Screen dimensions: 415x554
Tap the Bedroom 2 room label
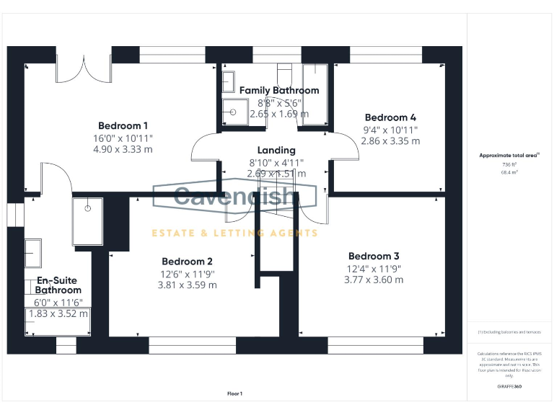(x=187, y=261)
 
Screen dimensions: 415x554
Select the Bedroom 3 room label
(x=374, y=256)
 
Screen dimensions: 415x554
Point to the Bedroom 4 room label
(x=390, y=117)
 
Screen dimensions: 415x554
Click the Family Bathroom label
(x=279, y=90)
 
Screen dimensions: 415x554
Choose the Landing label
(x=276, y=150)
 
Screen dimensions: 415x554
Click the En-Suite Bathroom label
(x=58, y=285)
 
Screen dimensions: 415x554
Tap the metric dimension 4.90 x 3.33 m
(x=123, y=149)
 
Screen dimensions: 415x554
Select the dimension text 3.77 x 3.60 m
(x=374, y=280)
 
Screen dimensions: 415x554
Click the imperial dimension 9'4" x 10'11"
(x=390, y=130)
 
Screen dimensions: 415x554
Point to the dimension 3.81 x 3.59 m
(x=187, y=285)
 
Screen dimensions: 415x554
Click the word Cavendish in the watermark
(x=234, y=196)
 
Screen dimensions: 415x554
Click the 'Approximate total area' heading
(x=509, y=155)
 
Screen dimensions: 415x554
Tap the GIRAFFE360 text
(x=509, y=387)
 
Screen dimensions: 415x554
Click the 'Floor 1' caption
(x=234, y=393)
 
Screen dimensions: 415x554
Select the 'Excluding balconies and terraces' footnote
(x=509, y=331)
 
